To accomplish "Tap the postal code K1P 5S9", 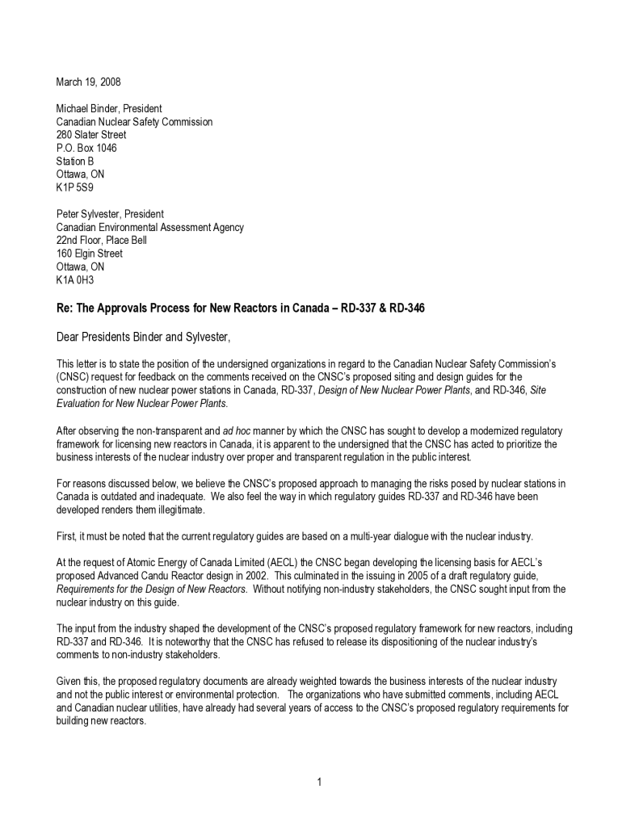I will (x=74, y=187).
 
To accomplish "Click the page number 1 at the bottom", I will (x=319, y=781).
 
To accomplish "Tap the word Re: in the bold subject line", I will (x=64, y=308).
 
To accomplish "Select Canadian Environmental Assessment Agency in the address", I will (x=149, y=227).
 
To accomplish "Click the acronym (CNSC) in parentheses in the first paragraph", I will (x=74, y=377).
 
